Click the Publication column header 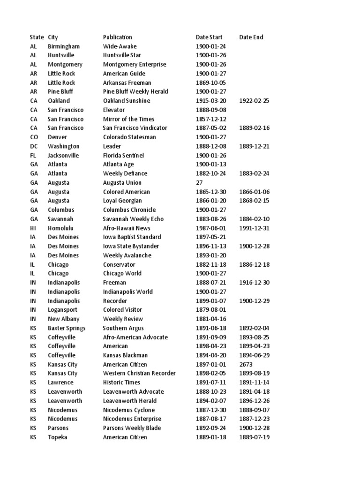pos(118,37)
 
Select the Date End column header pos(251,37)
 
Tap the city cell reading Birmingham pos(64,46)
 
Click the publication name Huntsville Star pos(122,55)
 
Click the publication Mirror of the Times pos(128,119)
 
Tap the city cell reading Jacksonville pos(63,155)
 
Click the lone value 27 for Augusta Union pos(199,183)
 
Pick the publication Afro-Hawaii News pos(127,228)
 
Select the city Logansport pos(62,310)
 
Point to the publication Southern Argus pos(123,328)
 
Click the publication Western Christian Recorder pos(139,374)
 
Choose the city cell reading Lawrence pos(60,382)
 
